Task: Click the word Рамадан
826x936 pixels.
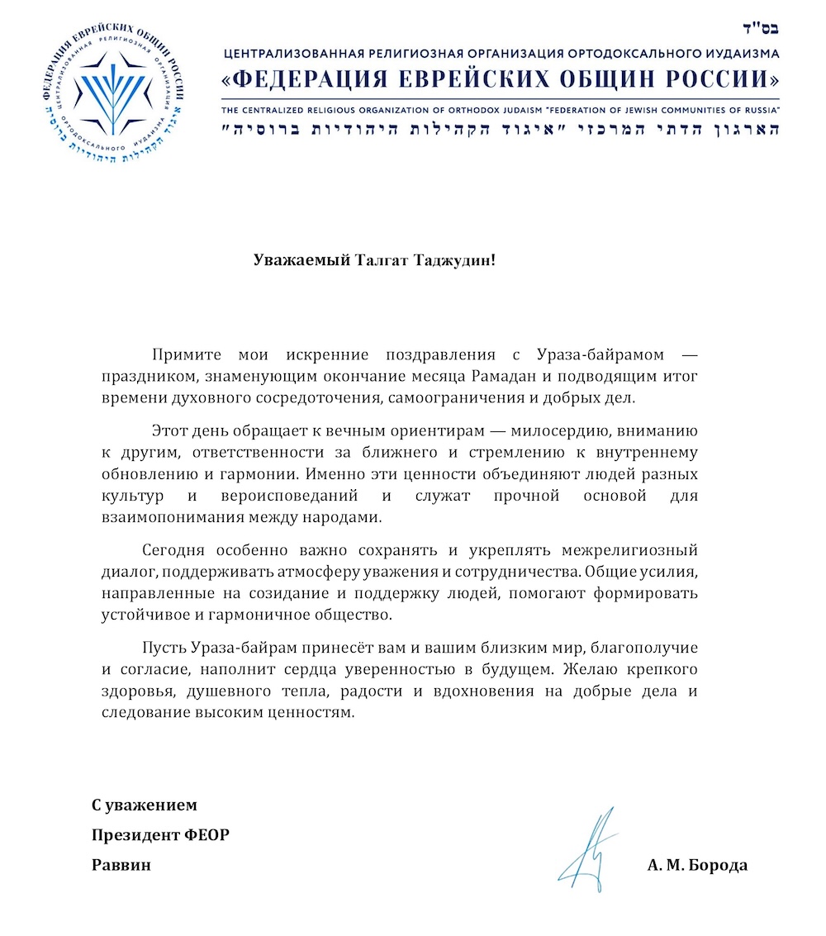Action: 515,378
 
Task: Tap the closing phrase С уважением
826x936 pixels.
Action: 145,805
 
